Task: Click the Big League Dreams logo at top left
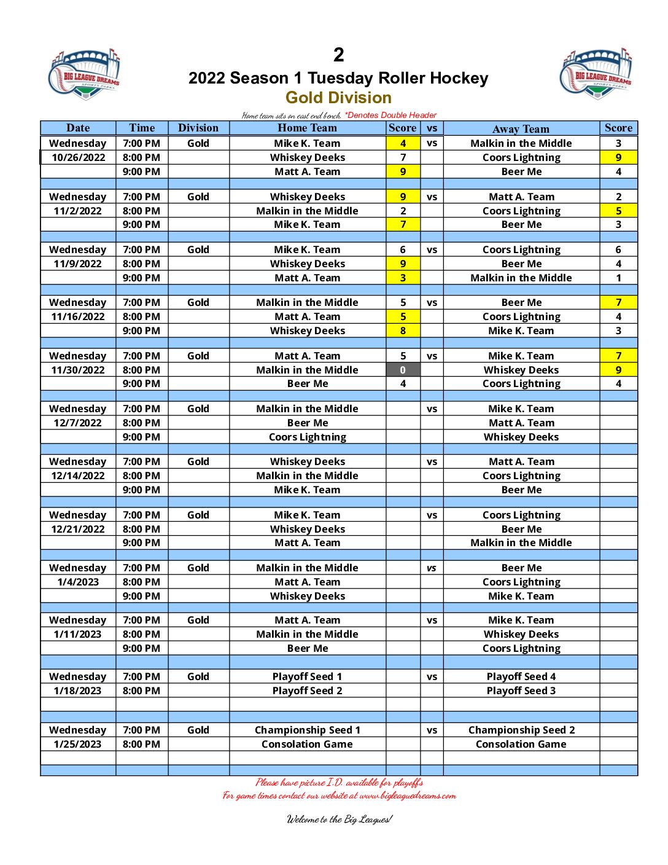click(x=84, y=74)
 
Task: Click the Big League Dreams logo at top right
click(x=596, y=73)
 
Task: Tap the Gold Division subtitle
click(x=338, y=98)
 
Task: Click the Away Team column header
click(x=521, y=128)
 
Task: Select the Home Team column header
click(x=307, y=128)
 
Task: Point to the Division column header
click(x=198, y=128)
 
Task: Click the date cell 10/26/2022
click(x=78, y=157)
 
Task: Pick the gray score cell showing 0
click(x=403, y=370)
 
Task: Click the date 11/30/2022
click(x=78, y=370)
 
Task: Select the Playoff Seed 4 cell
click(x=521, y=676)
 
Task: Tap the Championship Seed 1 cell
click(x=307, y=730)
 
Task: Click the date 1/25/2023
click(x=78, y=744)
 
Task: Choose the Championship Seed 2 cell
click(x=521, y=730)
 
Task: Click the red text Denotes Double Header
click(x=391, y=115)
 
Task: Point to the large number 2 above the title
click(x=338, y=55)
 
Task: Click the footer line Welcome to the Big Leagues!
click(x=339, y=819)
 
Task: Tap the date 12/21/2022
click(x=78, y=529)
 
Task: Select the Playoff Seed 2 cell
click(x=307, y=691)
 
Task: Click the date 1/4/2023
click(x=78, y=582)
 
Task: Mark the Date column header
click(x=78, y=128)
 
